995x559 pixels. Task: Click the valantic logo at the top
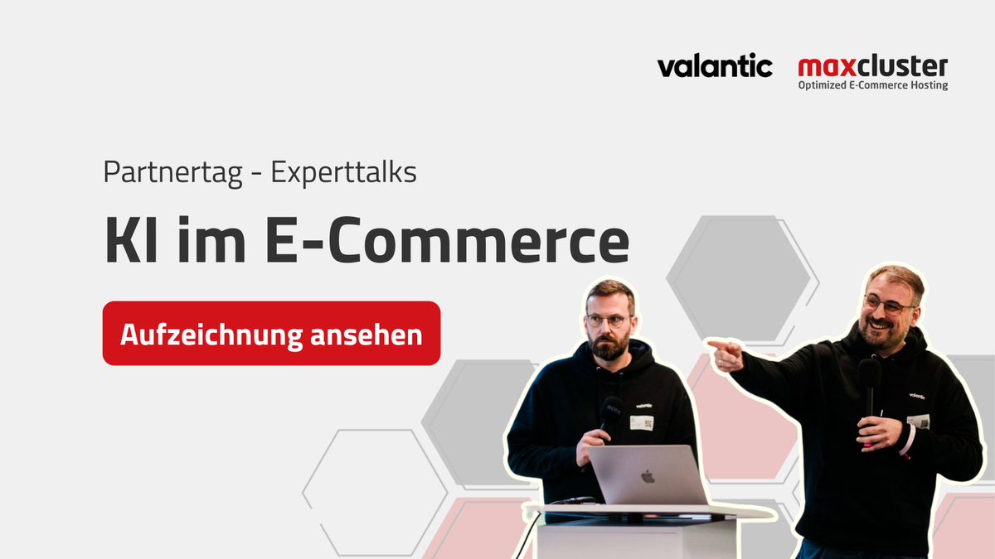(x=715, y=66)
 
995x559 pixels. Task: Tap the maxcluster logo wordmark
(x=872, y=66)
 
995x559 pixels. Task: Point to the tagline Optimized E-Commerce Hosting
(x=872, y=85)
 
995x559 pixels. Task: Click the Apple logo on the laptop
(x=648, y=476)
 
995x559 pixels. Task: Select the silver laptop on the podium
(x=648, y=476)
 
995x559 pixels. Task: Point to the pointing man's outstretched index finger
(x=712, y=343)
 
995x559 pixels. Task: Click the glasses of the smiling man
(x=887, y=306)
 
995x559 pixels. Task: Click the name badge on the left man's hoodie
(x=641, y=422)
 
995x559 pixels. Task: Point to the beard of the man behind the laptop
(x=610, y=347)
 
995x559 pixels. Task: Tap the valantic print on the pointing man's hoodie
(x=916, y=396)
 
